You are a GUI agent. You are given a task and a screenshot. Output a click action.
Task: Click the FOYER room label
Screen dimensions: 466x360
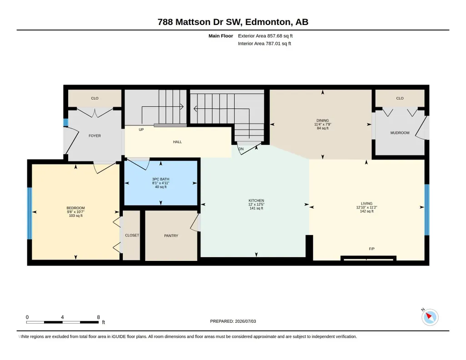coord(95,136)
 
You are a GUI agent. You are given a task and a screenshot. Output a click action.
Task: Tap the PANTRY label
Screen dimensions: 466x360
coord(171,235)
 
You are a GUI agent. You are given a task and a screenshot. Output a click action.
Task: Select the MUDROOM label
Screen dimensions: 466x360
coord(400,133)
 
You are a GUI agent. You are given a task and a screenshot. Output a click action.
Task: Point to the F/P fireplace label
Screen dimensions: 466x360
coord(371,249)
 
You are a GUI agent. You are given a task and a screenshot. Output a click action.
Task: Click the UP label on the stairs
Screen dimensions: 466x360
coord(141,130)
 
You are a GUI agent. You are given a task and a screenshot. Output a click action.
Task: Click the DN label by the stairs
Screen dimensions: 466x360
coord(241,149)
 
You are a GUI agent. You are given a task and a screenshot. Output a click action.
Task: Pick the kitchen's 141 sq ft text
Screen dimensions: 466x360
coord(256,208)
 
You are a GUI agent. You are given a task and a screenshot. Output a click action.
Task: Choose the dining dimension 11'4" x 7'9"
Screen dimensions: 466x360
coord(322,125)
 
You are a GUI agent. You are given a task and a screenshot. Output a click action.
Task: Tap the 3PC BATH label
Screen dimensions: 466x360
coord(160,179)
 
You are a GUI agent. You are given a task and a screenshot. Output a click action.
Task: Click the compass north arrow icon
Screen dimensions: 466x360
coord(430,317)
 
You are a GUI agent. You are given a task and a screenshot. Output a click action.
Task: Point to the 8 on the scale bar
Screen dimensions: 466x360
coord(98,317)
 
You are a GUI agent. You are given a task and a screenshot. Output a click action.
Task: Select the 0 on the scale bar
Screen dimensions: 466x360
coord(27,317)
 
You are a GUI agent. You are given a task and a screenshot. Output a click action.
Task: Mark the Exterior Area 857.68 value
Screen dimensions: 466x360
coord(274,36)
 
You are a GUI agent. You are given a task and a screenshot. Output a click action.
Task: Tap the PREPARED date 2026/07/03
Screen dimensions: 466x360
coord(246,321)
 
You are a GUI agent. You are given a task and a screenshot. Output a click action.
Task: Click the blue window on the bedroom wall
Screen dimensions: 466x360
coord(30,213)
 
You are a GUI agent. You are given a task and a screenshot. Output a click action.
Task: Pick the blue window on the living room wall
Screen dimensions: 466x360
coord(427,210)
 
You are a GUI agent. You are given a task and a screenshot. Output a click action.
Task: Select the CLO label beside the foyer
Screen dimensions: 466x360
coord(95,98)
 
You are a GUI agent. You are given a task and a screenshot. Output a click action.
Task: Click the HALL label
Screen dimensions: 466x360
coord(177,142)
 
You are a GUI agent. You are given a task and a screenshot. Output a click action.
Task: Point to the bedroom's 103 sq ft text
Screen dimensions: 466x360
coord(75,215)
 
